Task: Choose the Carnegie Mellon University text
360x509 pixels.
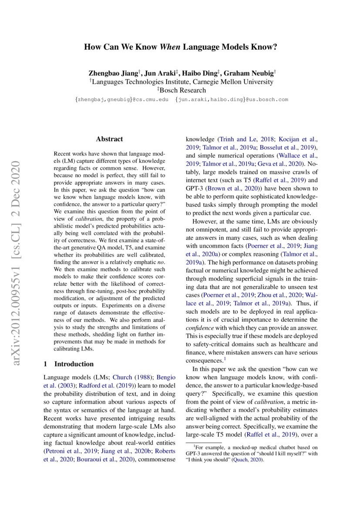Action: (229, 82)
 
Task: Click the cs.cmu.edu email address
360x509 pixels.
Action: (121, 100)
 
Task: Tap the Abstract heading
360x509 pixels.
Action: (109, 139)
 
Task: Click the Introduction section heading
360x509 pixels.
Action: (74, 364)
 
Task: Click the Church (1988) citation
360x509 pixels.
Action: (132, 377)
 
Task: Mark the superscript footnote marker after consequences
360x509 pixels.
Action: (225, 359)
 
